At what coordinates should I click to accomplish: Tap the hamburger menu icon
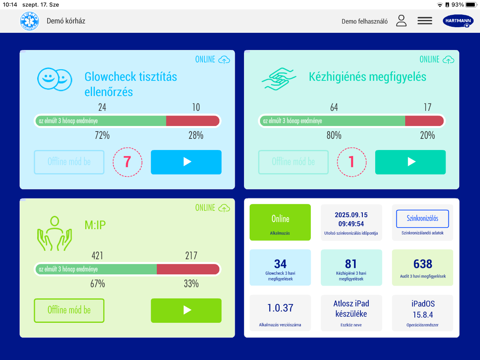(x=425, y=21)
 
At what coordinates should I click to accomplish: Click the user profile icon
(x=401, y=21)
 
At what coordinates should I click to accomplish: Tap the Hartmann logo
(x=458, y=21)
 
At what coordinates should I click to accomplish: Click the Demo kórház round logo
(x=30, y=21)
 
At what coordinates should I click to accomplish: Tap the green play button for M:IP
(x=186, y=310)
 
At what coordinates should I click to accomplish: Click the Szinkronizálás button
(x=422, y=219)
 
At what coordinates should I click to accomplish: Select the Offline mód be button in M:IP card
(x=69, y=310)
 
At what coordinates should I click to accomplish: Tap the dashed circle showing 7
(x=127, y=162)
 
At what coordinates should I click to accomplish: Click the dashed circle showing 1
(x=352, y=162)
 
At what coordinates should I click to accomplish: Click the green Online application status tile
(x=280, y=222)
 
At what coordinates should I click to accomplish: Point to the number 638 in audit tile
(x=423, y=264)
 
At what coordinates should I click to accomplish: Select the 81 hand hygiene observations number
(x=351, y=264)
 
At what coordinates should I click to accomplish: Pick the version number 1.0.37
(x=280, y=308)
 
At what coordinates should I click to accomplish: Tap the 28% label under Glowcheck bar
(x=196, y=136)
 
